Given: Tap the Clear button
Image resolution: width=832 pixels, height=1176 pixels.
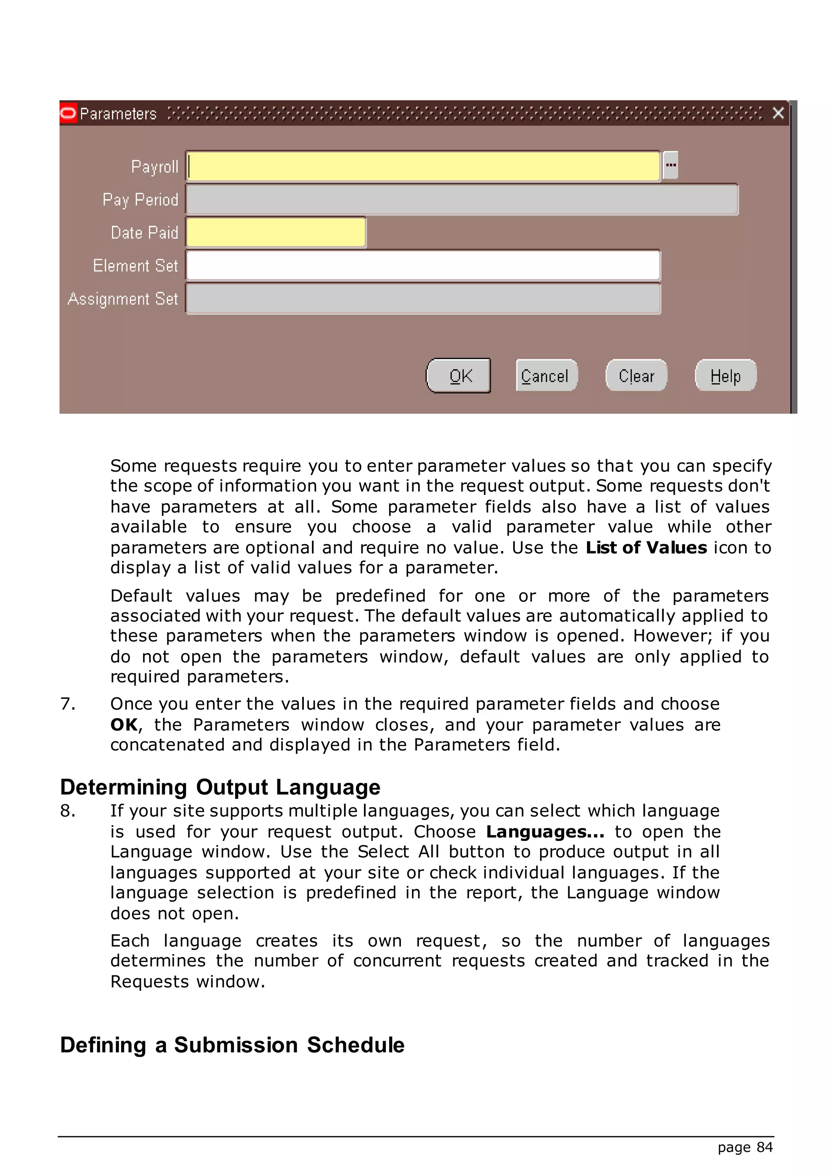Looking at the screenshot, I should (x=636, y=376).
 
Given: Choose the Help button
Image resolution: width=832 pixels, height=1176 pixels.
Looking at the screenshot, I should (x=726, y=376).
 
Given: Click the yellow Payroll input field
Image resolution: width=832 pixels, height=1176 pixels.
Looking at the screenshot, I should (x=423, y=166).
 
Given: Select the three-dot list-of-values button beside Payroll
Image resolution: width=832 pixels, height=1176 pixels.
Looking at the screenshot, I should (x=671, y=165).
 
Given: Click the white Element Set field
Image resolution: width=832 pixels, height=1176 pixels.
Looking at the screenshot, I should (x=423, y=265).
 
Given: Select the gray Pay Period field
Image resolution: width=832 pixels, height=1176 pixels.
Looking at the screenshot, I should (x=461, y=199).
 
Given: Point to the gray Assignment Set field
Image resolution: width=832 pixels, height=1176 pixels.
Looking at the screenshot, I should (x=423, y=298).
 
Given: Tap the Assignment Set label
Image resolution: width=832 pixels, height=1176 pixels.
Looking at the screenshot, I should (x=123, y=298).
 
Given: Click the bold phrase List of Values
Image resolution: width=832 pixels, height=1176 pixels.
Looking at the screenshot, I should (x=646, y=547).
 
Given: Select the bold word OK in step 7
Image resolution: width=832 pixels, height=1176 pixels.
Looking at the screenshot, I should (x=123, y=725).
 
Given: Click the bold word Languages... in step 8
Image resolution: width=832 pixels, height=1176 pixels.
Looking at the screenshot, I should (x=545, y=832).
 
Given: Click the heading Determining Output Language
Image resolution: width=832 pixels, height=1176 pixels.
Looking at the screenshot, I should (x=220, y=787).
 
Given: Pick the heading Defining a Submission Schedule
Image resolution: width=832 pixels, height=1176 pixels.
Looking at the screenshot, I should (x=232, y=1045).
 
